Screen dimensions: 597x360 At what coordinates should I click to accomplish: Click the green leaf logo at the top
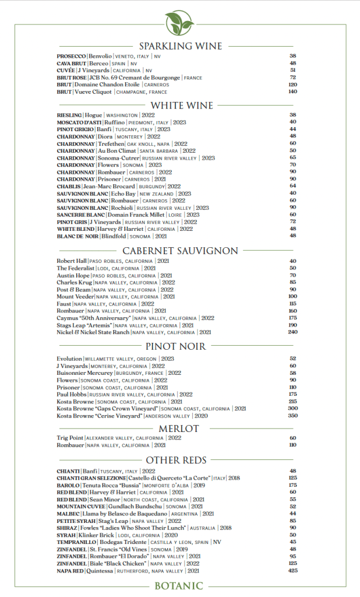tap(179, 23)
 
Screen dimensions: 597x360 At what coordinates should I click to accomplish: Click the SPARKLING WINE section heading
tap(180, 46)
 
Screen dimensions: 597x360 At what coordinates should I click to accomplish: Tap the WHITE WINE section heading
tap(180, 106)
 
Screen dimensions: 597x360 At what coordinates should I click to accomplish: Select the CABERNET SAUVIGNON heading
tap(180, 251)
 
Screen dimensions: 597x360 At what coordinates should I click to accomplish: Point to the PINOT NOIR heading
tap(180, 347)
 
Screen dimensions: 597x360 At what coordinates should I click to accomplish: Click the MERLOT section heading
tap(179, 429)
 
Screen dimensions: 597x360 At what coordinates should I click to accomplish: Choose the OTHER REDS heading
tap(180, 461)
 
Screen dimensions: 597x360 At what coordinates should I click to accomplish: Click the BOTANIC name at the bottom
tap(179, 587)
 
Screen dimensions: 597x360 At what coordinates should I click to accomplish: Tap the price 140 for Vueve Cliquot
tap(292, 92)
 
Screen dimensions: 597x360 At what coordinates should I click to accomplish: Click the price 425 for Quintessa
tap(292, 571)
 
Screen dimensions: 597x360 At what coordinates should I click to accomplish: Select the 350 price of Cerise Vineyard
tap(292, 416)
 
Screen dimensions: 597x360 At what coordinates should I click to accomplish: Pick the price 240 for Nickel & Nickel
tap(292, 332)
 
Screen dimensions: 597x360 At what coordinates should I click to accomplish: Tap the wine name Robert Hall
tap(71, 261)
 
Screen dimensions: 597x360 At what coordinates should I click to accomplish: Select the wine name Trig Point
tap(70, 438)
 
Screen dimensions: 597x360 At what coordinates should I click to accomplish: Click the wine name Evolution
tap(69, 359)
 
